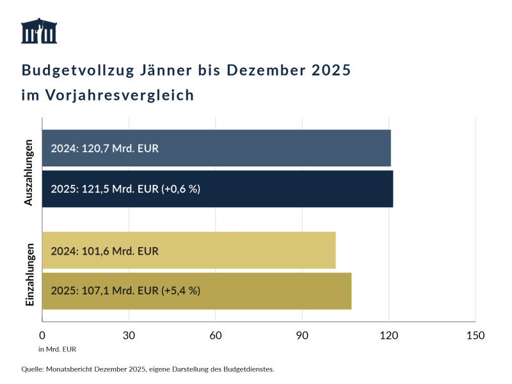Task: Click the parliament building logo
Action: click(39, 31)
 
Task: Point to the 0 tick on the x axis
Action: click(42, 335)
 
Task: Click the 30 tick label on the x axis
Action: click(129, 335)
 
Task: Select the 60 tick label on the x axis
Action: click(216, 335)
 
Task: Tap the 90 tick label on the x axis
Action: click(302, 335)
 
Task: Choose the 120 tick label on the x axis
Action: click(389, 335)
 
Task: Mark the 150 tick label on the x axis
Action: click(476, 335)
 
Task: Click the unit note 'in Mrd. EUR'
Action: click(57, 349)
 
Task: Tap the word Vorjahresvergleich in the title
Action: click(120, 95)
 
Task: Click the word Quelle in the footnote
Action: click(31, 369)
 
